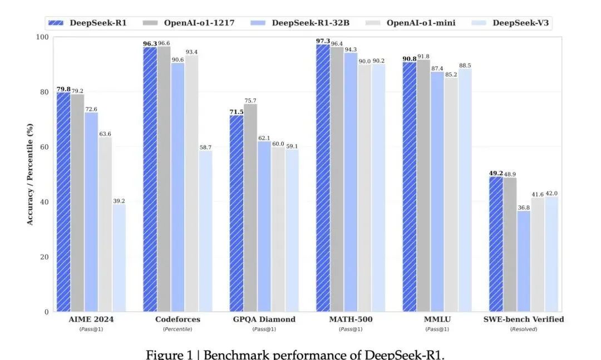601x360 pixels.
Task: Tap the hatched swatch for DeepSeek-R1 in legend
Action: pos(56,23)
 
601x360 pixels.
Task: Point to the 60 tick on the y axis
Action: pos(43,147)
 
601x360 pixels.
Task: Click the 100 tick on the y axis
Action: pos(42,37)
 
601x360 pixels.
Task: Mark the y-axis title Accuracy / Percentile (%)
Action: pos(30,174)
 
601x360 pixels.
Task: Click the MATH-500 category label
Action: pos(351,319)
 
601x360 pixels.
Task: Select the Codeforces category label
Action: pos(178,319)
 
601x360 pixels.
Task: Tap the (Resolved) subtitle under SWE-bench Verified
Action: pos(524,329)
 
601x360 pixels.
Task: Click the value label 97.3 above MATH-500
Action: pos(323,41)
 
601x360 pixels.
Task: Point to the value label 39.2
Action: pos(119,200)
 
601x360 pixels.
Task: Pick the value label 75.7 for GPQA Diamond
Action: pos(250,101)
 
